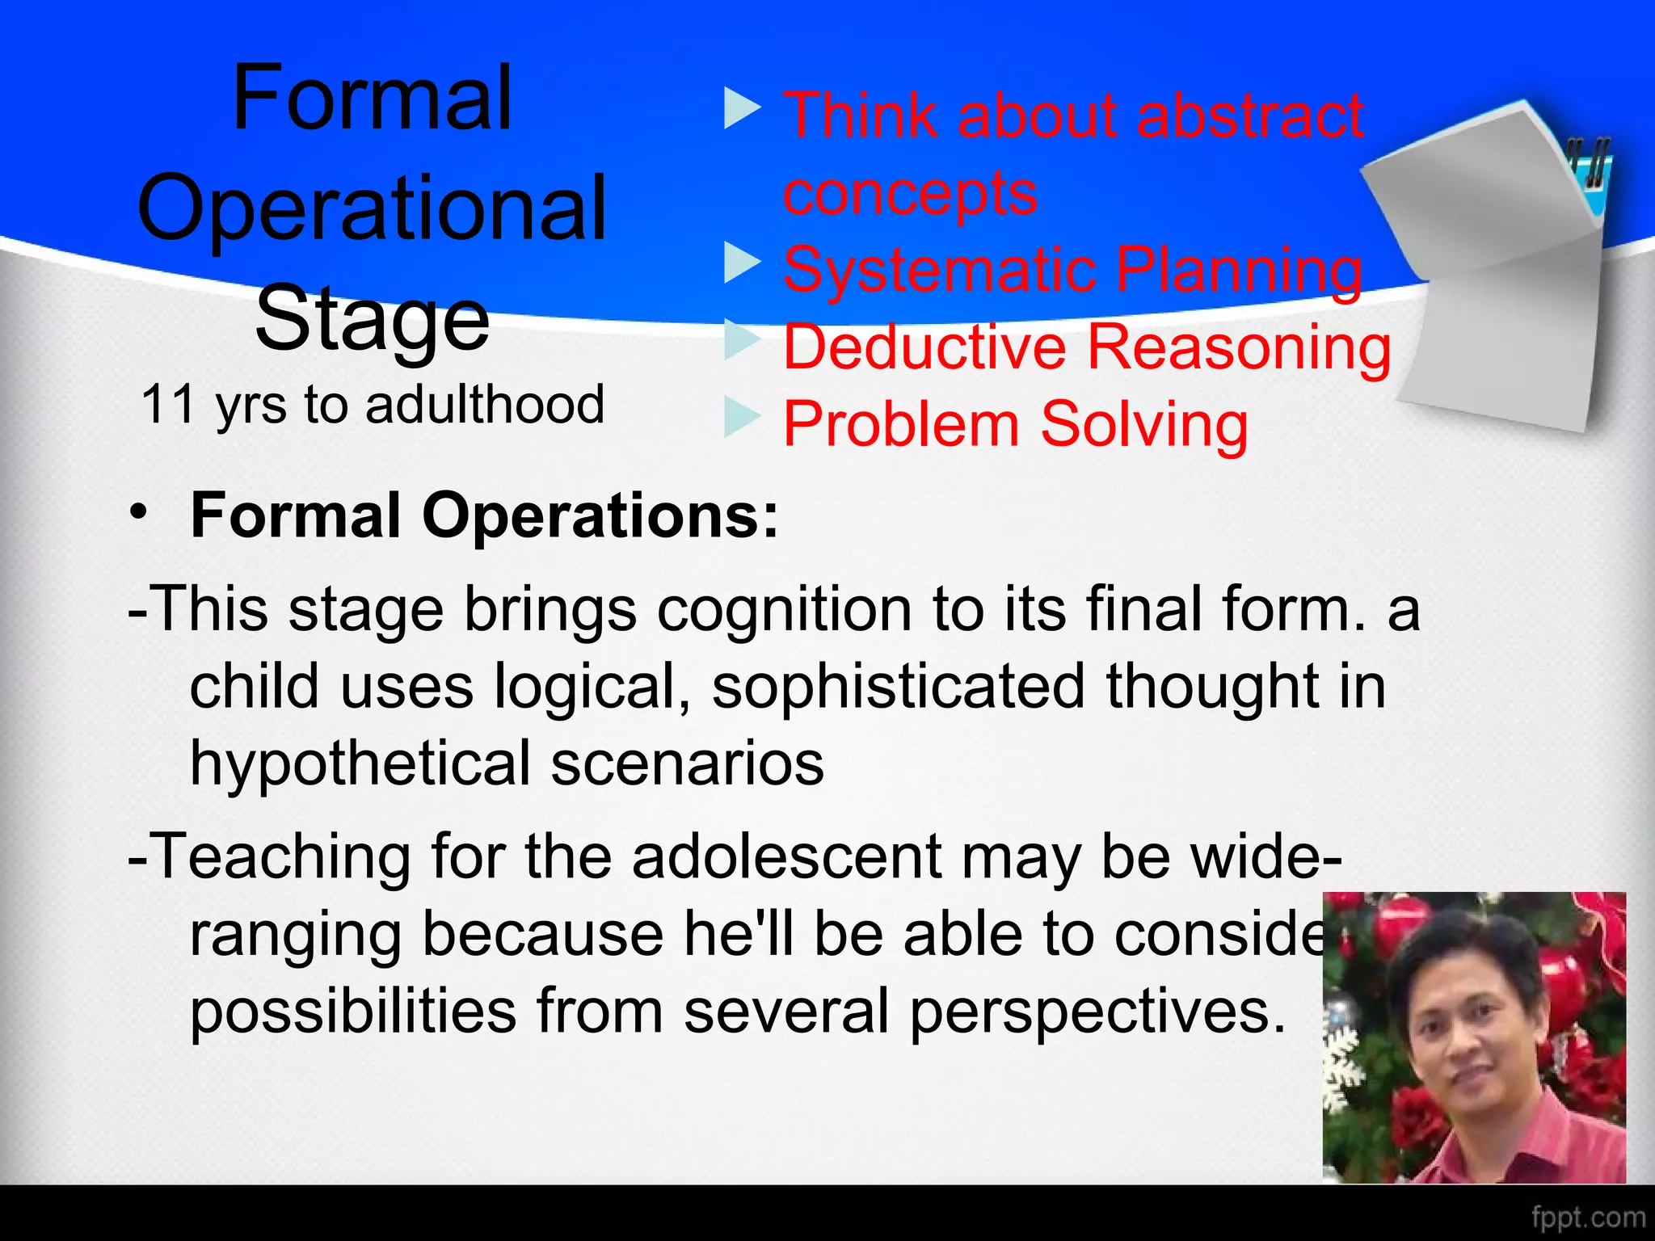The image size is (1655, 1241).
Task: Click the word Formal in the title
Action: click(x=372, y=99)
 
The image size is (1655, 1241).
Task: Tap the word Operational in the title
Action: click(x=372, y=210)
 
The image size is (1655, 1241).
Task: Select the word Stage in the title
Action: click(x=372, y=320)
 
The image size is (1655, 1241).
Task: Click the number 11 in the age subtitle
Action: click(x=168, y=404)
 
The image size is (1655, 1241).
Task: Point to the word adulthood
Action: click(x=484, y=404)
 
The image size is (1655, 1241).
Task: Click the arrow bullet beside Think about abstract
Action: click(x=742, y=108)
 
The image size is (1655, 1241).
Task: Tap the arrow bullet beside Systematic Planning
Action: click(x=742, y=263)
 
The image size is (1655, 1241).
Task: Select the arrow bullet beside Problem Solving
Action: click(x=742, y=417)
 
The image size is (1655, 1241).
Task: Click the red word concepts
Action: click(x=910, y=194)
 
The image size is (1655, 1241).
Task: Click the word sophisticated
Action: click(x=898, y=687)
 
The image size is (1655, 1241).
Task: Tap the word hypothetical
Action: click(x=360, y=764)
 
